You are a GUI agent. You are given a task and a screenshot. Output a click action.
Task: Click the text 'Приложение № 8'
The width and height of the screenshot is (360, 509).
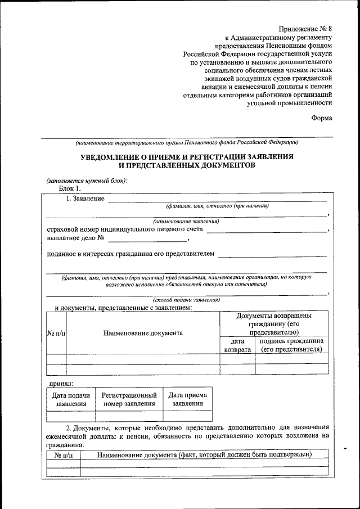(x=304, y=29)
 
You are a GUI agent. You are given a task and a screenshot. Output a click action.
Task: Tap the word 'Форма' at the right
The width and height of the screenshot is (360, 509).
(x=322, y=118)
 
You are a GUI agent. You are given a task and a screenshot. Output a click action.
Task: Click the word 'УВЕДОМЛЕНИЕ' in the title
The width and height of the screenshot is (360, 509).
(x=115, y=156)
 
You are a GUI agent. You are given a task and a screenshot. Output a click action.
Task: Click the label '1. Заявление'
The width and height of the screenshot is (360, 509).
(x=85, y=199)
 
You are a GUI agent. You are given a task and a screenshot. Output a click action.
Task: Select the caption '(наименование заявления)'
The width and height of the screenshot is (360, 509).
(x=186, y=221)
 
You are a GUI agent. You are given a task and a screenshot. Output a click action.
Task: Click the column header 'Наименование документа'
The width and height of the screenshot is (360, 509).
(x=143, y=333)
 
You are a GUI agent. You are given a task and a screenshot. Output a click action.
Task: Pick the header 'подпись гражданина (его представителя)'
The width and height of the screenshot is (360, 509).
(x=291, y=345)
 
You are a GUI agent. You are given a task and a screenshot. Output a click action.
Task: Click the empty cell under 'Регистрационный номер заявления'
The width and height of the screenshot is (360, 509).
(x=129, y=416)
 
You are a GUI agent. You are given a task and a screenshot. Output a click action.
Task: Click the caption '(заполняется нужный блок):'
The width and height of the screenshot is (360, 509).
(x=87, y=180)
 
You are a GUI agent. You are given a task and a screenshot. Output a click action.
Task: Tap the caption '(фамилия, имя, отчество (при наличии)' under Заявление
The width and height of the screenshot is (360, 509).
(x=217, y=206)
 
